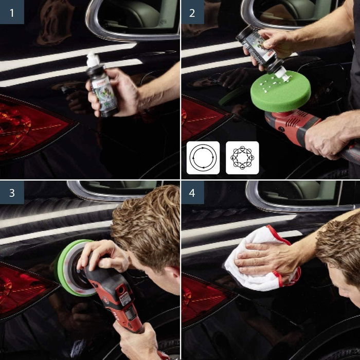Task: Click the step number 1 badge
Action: click(12, 12)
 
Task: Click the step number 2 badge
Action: click(193, 12)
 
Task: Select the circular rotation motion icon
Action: click(203, 158)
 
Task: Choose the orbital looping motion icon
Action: click(242, 158)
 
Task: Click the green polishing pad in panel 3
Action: click(67, 267)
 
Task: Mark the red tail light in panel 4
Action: click(203, 298)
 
